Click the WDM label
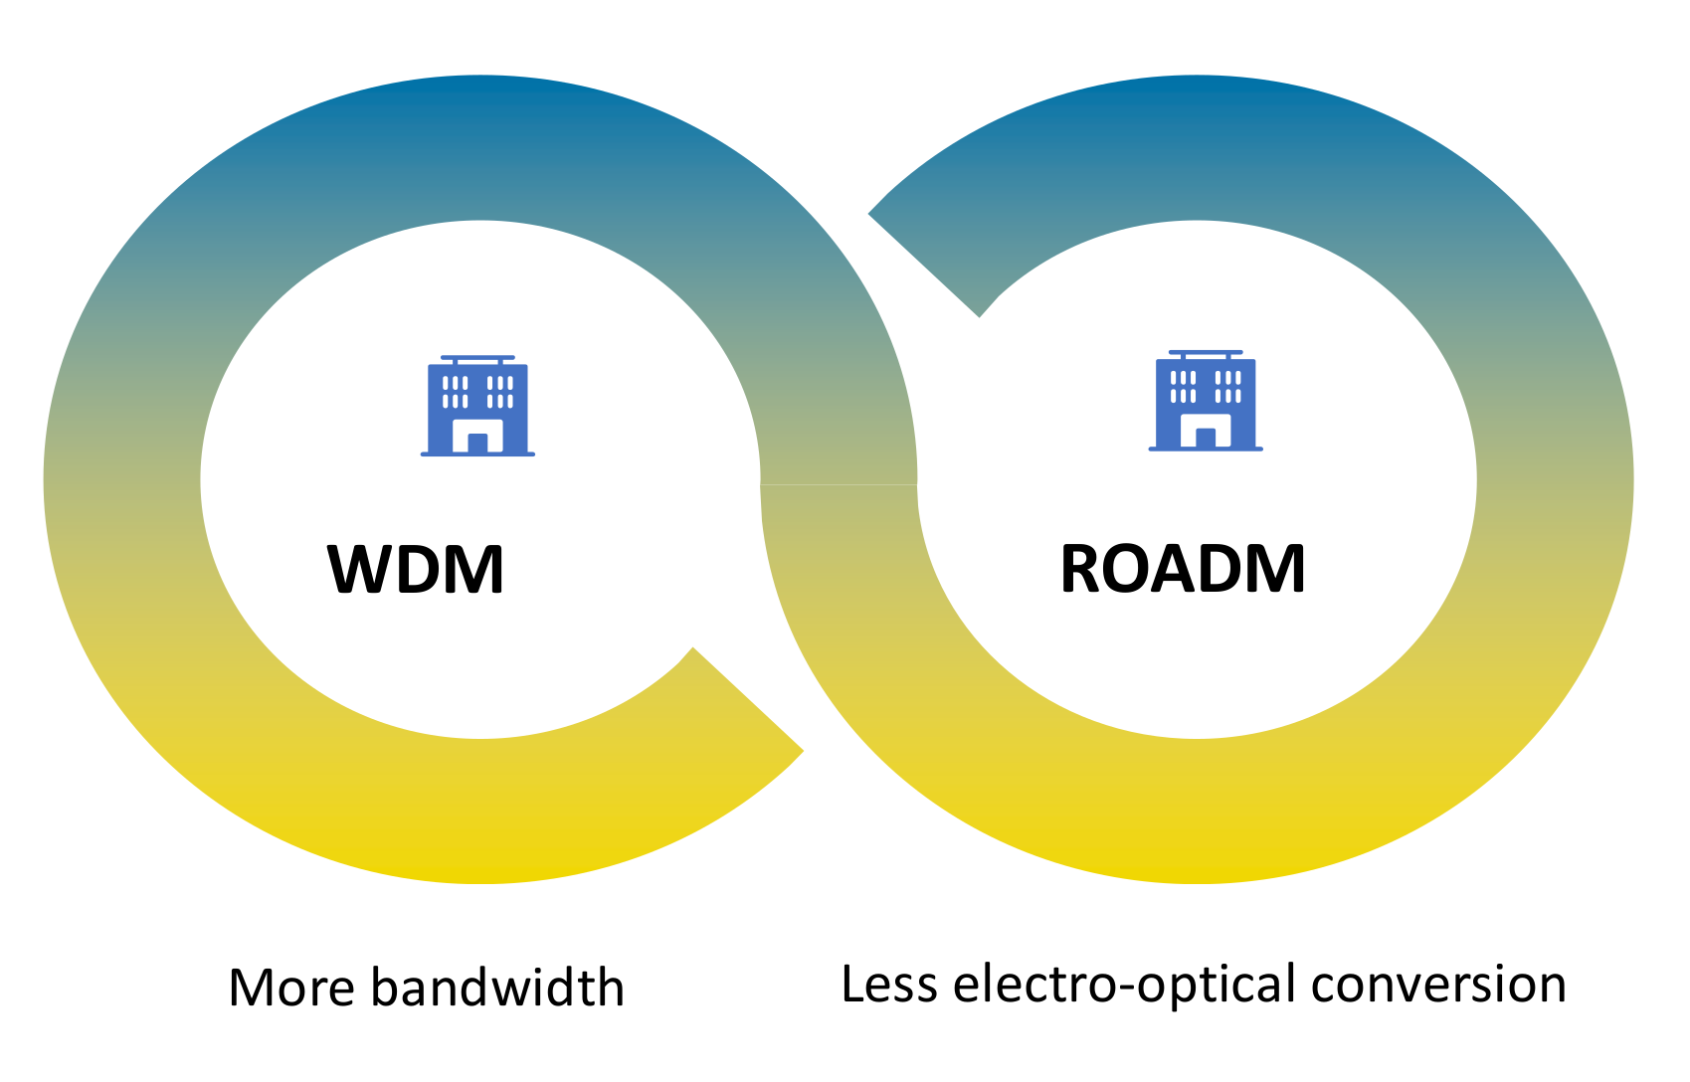pos(415,570)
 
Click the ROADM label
pos(1183,569)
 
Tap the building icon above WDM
pos(477,406)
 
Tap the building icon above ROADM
pos(1206,401)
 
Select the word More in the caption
pos(291,988)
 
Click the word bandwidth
pos(498,987)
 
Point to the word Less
pos(888,984)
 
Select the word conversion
pos(1438,985)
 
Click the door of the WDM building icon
pos(477,443)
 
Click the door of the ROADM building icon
pos(1206,438)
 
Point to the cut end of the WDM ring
pos(748,699)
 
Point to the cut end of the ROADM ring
pos(923,265)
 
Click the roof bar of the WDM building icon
pos(477,358)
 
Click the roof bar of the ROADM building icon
pos(1206,352)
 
